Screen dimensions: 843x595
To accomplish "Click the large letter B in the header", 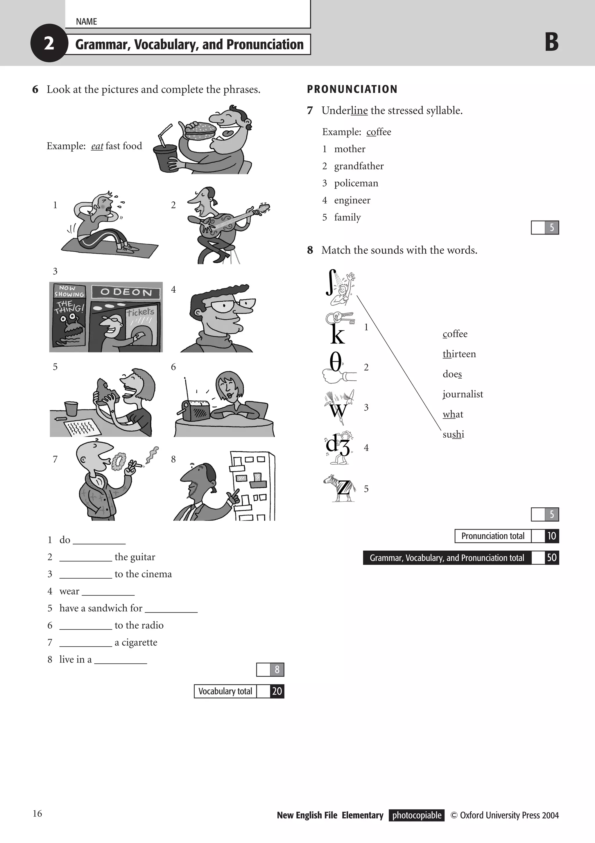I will tap(551, 43).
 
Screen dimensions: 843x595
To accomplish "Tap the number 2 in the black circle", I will tap(49, 43).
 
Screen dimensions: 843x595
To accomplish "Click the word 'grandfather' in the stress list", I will tap(359, 166).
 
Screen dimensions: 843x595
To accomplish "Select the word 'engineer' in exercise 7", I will tap(352, 200).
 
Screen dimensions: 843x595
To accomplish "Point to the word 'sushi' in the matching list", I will tap(453, 434).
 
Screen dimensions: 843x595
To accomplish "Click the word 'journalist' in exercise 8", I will tap(463, 394).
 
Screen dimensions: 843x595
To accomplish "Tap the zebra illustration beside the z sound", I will tap(340, 488).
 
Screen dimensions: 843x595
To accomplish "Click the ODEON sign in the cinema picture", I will tap(126, 292).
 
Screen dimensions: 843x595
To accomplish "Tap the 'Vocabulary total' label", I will tap(225, 691).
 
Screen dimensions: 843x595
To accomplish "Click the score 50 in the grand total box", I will tap(551, 558).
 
